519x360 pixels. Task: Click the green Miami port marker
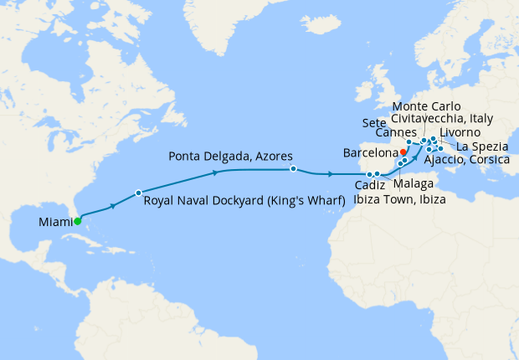pyautogui.click(x=77, y=222)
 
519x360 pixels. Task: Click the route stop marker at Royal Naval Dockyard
pyautogui.click(x=139, y=193)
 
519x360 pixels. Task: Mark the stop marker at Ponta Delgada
pyautogui.click(x=293, y=169)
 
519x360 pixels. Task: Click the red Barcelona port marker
pyautogui.click(x=403, y=152)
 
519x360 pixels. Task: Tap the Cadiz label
pyautogui.click(x=369, y=186)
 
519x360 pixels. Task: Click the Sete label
pyautogui.click(x=374, y=123)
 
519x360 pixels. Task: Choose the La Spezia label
pyautogui.click(x=479, y=147)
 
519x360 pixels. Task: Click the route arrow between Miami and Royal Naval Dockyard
pyautogui.click(x=113, y=204)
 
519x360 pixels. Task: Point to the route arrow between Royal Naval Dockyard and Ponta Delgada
pyautogui.click(x=217, y=172)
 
